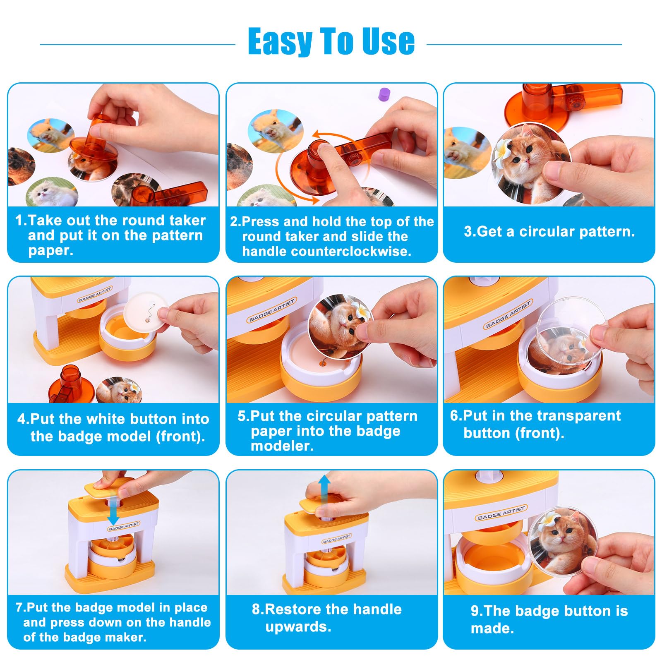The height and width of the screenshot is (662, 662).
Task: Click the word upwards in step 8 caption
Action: tap(298, 627)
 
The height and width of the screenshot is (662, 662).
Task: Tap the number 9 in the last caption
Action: tap(475, 611)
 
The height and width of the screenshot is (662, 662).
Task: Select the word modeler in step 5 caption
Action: tap(282, 446)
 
